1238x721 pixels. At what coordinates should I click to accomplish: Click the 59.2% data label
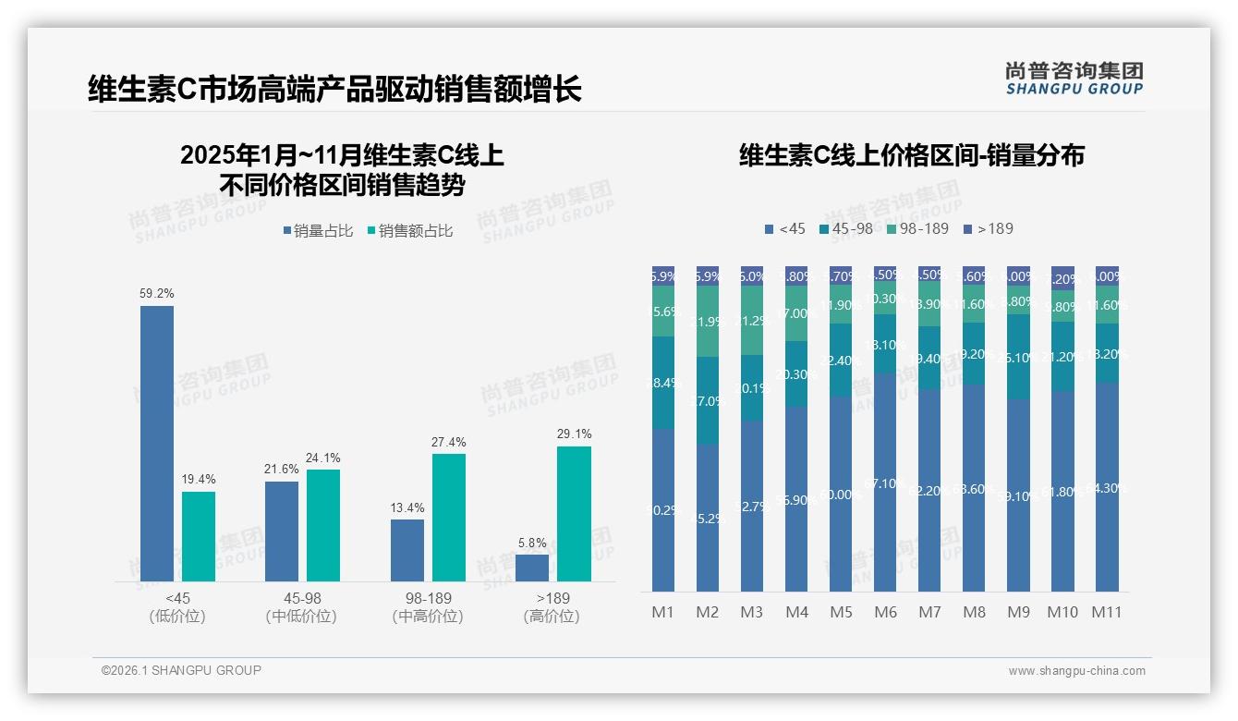tap(157, 293)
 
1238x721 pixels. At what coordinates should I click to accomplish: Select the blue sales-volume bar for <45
tap(157, 444)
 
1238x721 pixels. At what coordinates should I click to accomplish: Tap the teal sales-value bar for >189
tap(574, 514)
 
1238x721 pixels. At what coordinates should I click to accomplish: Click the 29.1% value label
tap(575, 434)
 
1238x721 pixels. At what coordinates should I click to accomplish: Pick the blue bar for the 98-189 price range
tap(407, 550)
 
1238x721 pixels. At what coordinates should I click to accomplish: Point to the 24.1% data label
tap(322, 458)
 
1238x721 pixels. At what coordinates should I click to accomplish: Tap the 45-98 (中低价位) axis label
tap(301, 607)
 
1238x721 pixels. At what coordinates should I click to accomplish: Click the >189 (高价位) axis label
tap(552, 607)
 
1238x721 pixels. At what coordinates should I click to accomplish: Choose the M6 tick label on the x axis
tap(885, 612)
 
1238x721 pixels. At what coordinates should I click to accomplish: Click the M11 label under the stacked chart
tap(1107, 612)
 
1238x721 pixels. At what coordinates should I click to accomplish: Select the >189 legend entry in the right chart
tap(988, 228)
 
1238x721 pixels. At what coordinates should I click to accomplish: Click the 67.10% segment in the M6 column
tap(885, 483)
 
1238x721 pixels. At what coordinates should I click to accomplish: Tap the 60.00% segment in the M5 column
tap(841, 495)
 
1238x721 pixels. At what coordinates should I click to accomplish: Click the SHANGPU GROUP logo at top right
tap(1074, 78)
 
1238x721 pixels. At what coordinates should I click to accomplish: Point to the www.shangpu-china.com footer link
tap(1076, 671)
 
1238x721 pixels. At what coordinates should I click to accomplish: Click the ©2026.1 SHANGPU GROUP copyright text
tap(181, 670)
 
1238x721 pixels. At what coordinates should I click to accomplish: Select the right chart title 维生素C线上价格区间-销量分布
tap(911, 155)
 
